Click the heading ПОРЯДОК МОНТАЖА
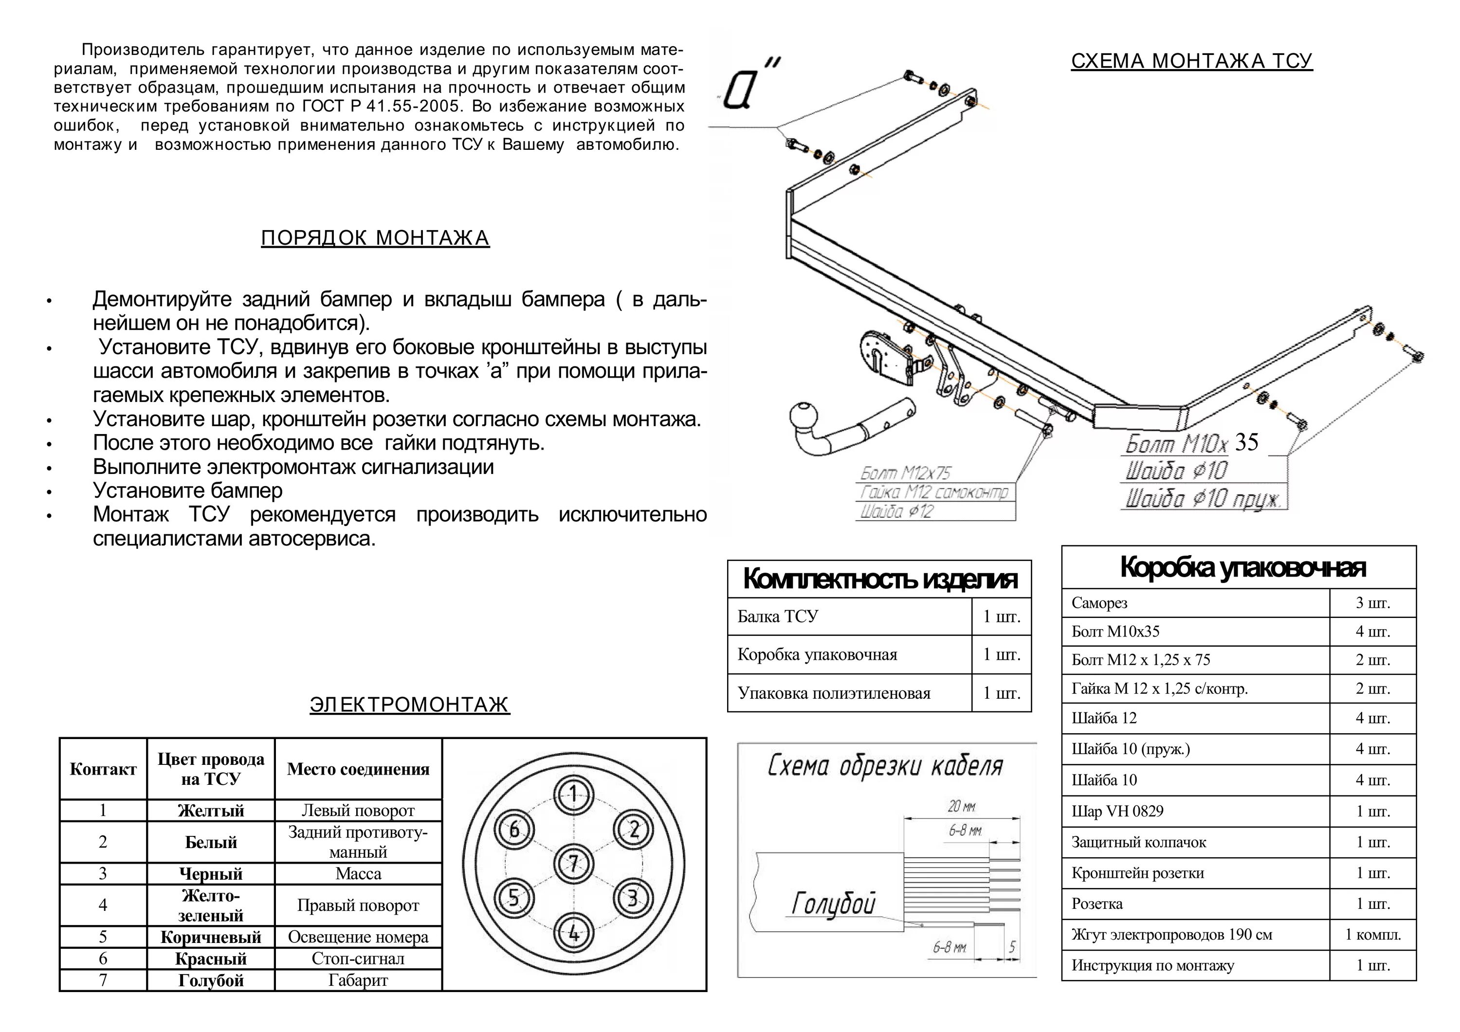[x=375, y=238]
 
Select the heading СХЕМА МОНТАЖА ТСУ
[x=1192, y=61]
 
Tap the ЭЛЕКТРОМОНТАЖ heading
[x=409, y=705]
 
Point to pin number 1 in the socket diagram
[x=574, y=794]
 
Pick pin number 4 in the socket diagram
[x=574, y=933]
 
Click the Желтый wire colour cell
[x=210, y=811]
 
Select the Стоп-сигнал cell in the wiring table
[x=358, y=958]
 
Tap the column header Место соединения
[x=358, y=769]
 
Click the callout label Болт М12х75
[x=906, y=473]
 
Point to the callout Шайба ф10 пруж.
[x=1203, y=499]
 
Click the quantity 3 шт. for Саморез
[x=1372, y=603]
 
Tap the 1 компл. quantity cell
[x=1372, y=935]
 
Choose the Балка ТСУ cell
[x=778, y=616]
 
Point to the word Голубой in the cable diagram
[x=833, y=904]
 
